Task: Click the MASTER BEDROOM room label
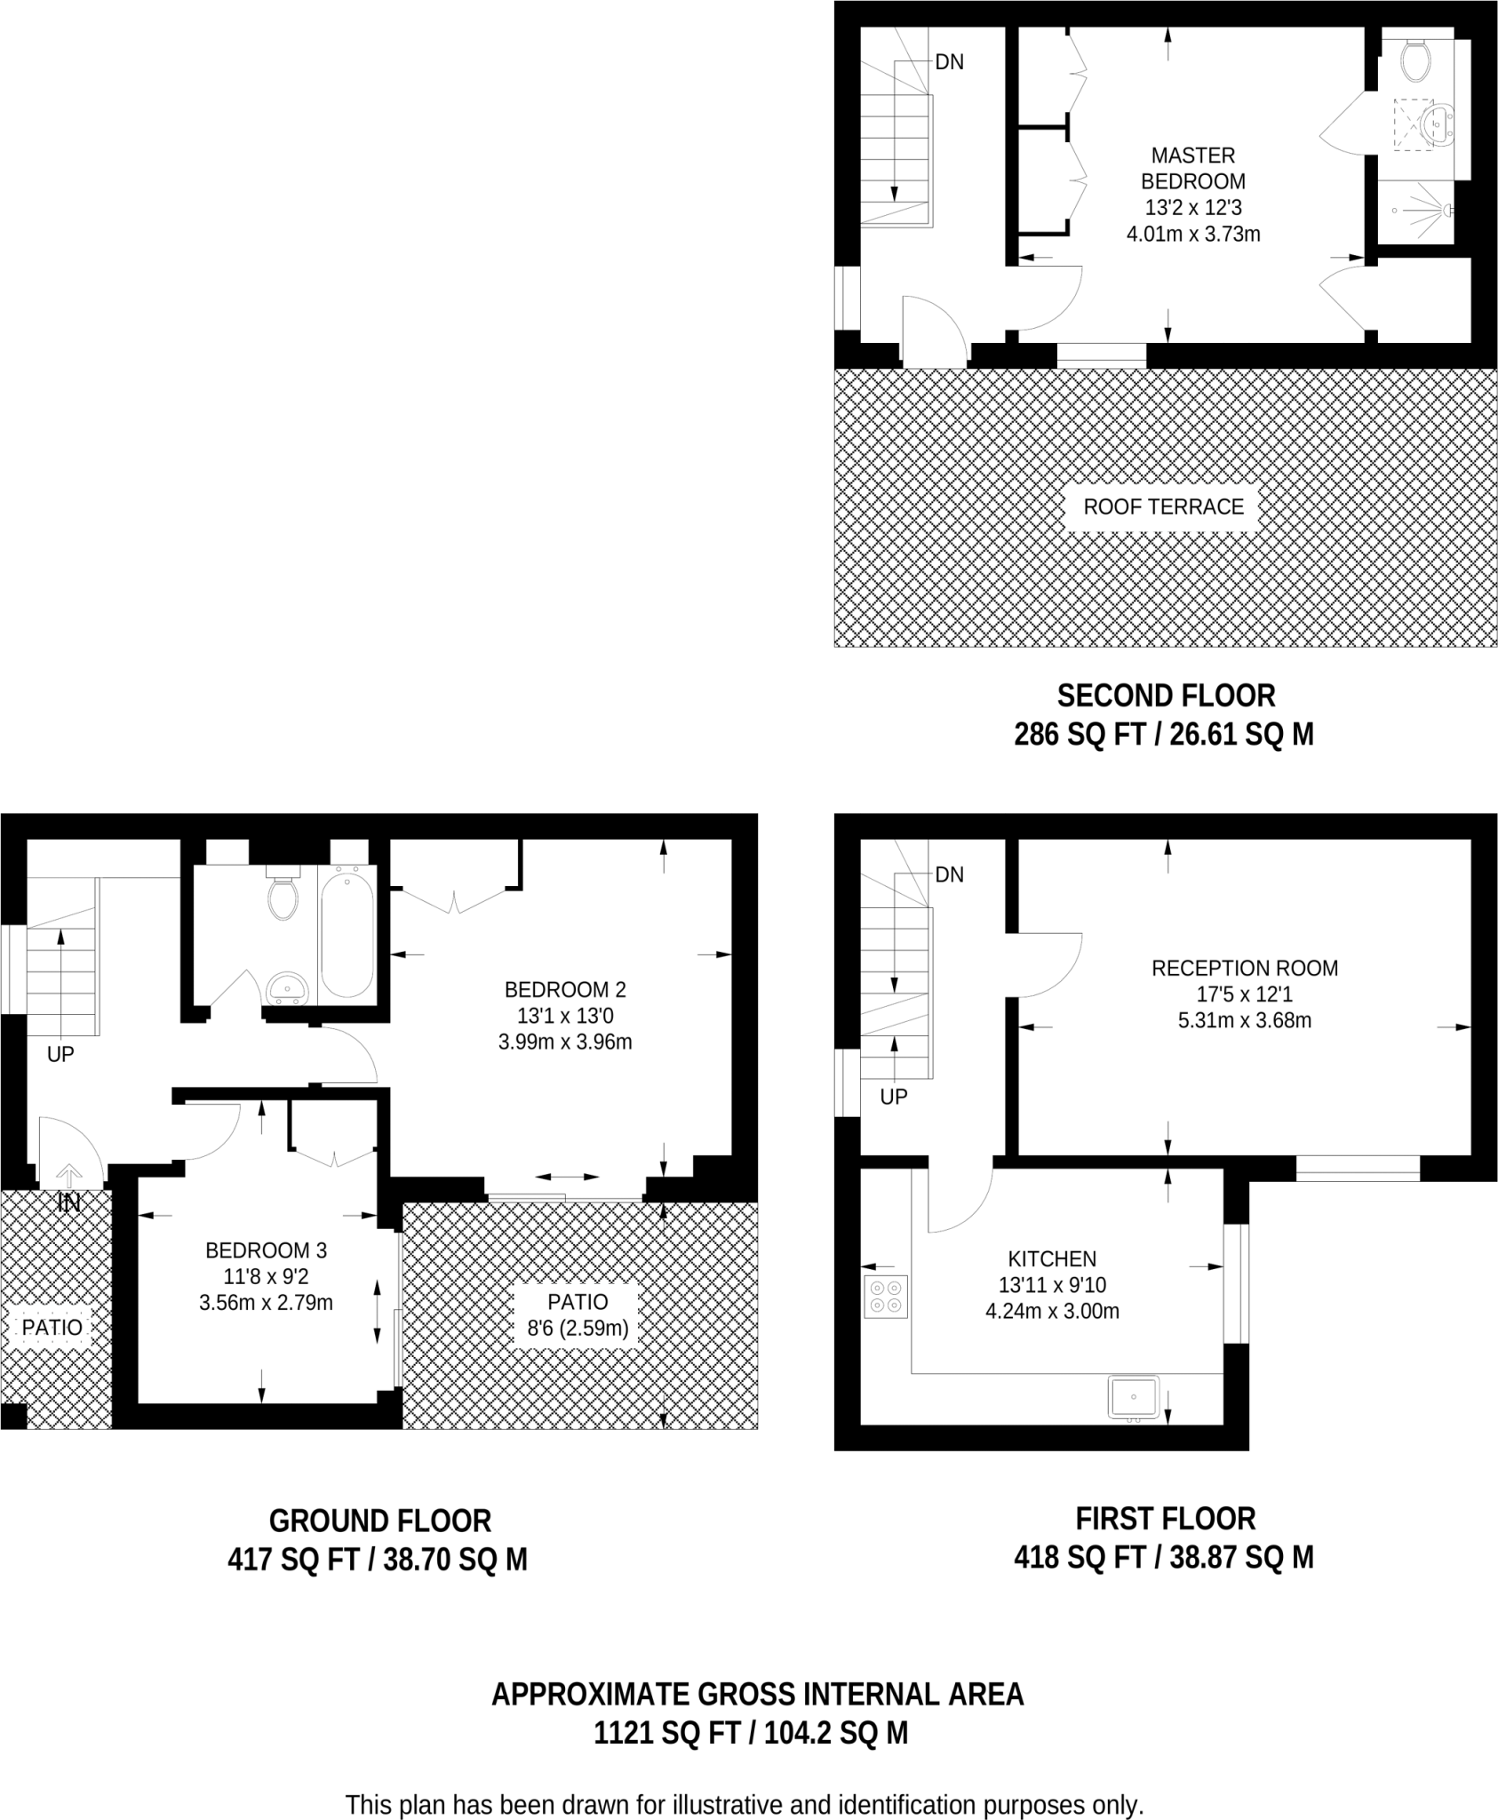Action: pos(1193,168)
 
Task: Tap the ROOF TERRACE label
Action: pos(1163,507)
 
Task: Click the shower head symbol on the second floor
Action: pos(1448,211)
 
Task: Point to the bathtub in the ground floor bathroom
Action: pos(347,934)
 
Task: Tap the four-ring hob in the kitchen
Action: pos(886,1296)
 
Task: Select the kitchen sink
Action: pos(1134,1397)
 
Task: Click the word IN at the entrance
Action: pos(69,1203)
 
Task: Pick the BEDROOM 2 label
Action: pos(565,989)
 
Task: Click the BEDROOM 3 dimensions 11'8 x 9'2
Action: pos(267,1277)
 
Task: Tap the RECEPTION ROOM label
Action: pos(1245,968)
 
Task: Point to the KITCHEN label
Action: pos(1052,1258)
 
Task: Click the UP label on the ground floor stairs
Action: pos(60,1055)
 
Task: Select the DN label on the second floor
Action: pos(950,62)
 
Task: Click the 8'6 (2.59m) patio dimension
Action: pos(578,1329)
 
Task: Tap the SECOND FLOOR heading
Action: pos(1166,695)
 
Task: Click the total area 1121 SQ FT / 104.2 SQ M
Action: pos(752,1733)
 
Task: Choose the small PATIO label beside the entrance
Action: pos(52,1328)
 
